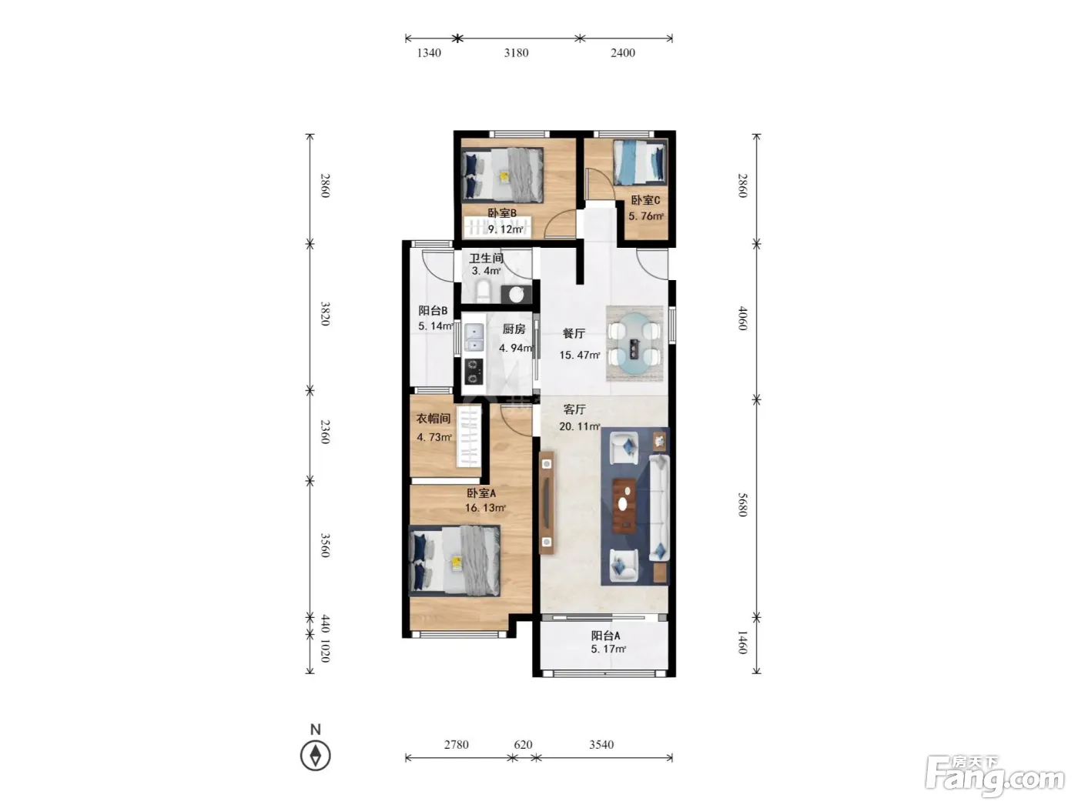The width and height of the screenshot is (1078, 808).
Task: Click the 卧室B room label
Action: click(x=501, y=213)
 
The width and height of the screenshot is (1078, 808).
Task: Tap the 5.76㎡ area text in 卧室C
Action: click(x=646, y=216)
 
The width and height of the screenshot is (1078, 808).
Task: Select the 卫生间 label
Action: click(x=486, y=258)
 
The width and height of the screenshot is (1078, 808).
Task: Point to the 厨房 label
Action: click(x=514, y=329)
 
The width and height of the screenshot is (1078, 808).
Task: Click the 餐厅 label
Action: click(x=573, y=334)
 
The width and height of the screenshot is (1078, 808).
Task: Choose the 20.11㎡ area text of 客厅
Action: click(x=580, y=426)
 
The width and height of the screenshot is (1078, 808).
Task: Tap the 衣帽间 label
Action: click(x=434, y=419)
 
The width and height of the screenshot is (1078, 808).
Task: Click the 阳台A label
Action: click(x=605, y=636)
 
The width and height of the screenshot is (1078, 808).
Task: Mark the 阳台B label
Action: click(x=433, y=311)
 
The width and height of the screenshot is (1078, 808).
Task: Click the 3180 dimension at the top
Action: click(x=516, y=53)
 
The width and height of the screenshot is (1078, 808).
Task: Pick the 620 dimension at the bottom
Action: click(x=523, y=745)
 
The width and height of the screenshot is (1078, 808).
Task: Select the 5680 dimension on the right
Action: click(x=742, y=505)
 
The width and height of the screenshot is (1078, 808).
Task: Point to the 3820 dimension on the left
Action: click(x=325, y=313)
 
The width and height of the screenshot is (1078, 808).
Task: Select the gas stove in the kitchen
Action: click(x=474, y=372)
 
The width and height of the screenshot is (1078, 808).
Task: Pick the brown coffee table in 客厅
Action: click(x=624, y=506)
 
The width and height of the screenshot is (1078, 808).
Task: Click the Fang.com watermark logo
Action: click(x=995, y=777)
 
